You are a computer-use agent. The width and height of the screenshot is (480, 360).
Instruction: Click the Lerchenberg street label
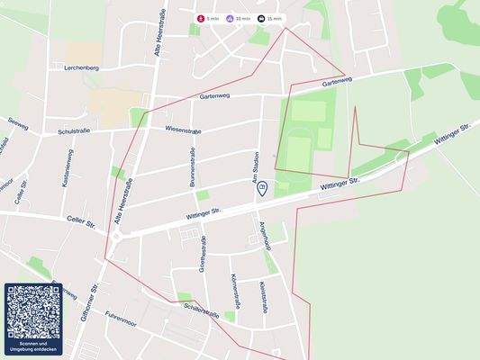coord(82,67)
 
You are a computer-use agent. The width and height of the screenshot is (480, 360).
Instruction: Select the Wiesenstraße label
coord(183,130)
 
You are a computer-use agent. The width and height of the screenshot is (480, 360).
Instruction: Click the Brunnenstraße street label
coord(193,167)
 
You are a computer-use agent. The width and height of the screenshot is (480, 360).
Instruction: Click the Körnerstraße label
coord(233,289)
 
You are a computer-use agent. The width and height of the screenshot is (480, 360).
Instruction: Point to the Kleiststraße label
coord(262,296)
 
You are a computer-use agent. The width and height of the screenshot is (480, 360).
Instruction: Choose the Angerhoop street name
coord(265,236)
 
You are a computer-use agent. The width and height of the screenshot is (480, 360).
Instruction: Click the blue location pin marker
coord(262,188)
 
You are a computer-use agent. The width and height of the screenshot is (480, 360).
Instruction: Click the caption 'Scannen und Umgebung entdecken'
coord(33,346)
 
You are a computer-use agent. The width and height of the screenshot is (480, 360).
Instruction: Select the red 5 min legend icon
coord(201,18)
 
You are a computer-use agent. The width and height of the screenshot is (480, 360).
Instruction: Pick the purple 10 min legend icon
coord(230,18)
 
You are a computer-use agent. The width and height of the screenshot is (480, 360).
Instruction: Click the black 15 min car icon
coord(261,18)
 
